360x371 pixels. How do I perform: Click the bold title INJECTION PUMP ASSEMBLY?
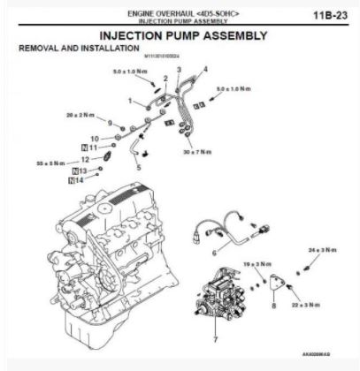click(182, 35)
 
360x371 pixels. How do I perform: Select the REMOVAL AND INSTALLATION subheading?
click(68, 47)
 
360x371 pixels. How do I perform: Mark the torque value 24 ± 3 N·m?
click(322, 251)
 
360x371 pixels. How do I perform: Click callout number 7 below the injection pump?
click(215, 339)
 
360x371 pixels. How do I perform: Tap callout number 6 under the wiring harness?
click(214, 254)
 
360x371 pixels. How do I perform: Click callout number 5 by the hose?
click(138, 166)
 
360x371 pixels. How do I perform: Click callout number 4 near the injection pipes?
click(206, 68)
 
